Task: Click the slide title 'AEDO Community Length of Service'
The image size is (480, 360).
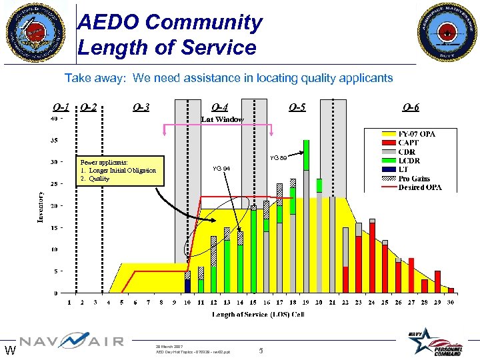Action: click(x=170, y=35)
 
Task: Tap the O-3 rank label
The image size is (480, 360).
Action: click(x=141, y=107)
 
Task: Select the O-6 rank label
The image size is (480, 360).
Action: click(x=411, y=107)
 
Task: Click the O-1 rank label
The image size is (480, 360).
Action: click(x=61, y=107)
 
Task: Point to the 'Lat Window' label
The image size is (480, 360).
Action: click(x=223, y=119)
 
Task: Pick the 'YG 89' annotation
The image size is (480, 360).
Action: click(x=279, y=158)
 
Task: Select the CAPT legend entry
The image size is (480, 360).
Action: click(x=409, y=143)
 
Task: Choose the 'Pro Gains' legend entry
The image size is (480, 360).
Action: click(x=416, y=178)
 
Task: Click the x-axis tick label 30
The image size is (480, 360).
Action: click(x=451, y=303)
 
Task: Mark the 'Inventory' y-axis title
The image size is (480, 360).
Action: click(x=40, y=207)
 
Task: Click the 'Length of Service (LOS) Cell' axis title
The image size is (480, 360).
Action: click(x=259, y=314)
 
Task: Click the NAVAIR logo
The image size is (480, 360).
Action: click(x=71, y=341)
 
